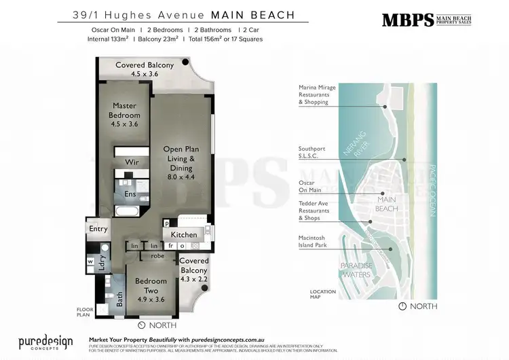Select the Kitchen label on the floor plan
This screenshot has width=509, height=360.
(x=184, y=235)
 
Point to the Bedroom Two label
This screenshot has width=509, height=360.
(x=151, y=286)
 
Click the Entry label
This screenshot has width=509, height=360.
(x=98, y=229)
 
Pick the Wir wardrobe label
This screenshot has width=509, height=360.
(x=133, y=162)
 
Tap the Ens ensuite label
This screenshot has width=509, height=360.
(x=129, y=194)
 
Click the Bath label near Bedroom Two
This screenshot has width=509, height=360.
(x=119, y=299)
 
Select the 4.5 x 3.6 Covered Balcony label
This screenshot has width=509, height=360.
(x=144, y=69)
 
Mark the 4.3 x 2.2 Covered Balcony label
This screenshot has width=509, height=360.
(x=193, y=270)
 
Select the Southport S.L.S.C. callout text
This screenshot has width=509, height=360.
(x=314, y=153)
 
